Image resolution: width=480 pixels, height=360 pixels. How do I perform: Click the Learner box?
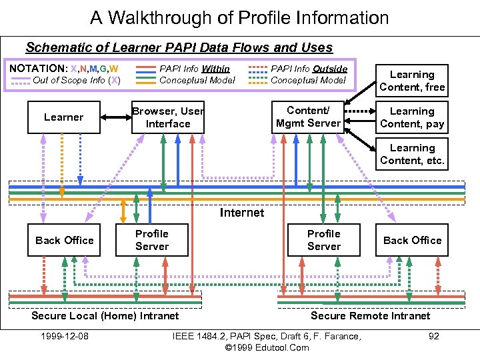[x=64, y=117]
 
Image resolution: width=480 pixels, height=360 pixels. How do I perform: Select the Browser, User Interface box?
[x=168, y=117]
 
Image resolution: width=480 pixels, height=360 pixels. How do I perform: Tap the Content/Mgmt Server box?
[x=308, y=117]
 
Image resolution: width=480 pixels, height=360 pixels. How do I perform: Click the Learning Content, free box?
[x=412, y=81]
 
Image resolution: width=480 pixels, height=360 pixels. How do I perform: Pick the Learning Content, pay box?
[x=412, y=117]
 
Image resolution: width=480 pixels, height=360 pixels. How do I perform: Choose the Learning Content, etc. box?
[x=412, y=154]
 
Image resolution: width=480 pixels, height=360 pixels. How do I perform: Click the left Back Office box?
[x=65, y=240]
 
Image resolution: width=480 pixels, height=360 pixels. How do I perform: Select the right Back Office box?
[x=412, y=240]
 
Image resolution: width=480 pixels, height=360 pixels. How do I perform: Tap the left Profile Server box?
[x=152, y=240]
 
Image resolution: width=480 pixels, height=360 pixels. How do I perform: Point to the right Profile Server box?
[x=324, y=240]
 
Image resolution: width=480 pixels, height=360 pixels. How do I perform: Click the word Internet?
[x=241, y=213]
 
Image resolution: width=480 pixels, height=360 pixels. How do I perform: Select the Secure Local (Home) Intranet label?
[x=105, y=315]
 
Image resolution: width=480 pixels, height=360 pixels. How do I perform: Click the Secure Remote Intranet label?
[x=371, y=315]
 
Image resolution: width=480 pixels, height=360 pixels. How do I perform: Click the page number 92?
[x=433, y=336]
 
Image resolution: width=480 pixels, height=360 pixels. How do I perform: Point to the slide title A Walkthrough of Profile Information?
[x=239, y=17]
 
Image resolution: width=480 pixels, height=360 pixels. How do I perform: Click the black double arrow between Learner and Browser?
[x=116, y=117]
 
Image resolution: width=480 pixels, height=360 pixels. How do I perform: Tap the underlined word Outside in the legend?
[x=330, y=68]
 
